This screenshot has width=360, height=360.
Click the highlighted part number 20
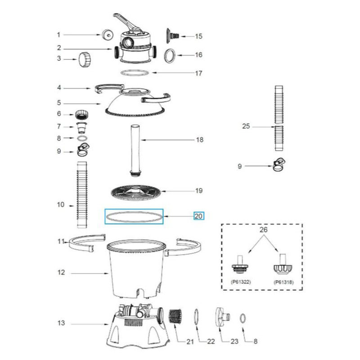point(198,216)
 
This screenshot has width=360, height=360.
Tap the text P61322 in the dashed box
point(241,282)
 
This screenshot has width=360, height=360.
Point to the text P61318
point(283,282)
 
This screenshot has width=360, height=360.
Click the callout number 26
point(264,229)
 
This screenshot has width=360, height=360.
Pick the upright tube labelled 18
point(135,150)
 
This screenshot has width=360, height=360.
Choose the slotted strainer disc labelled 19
point(136,192)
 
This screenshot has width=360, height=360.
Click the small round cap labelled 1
point(108,35)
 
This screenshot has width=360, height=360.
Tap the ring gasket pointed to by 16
point(170,55)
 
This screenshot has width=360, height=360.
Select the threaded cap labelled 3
point(85,60)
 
